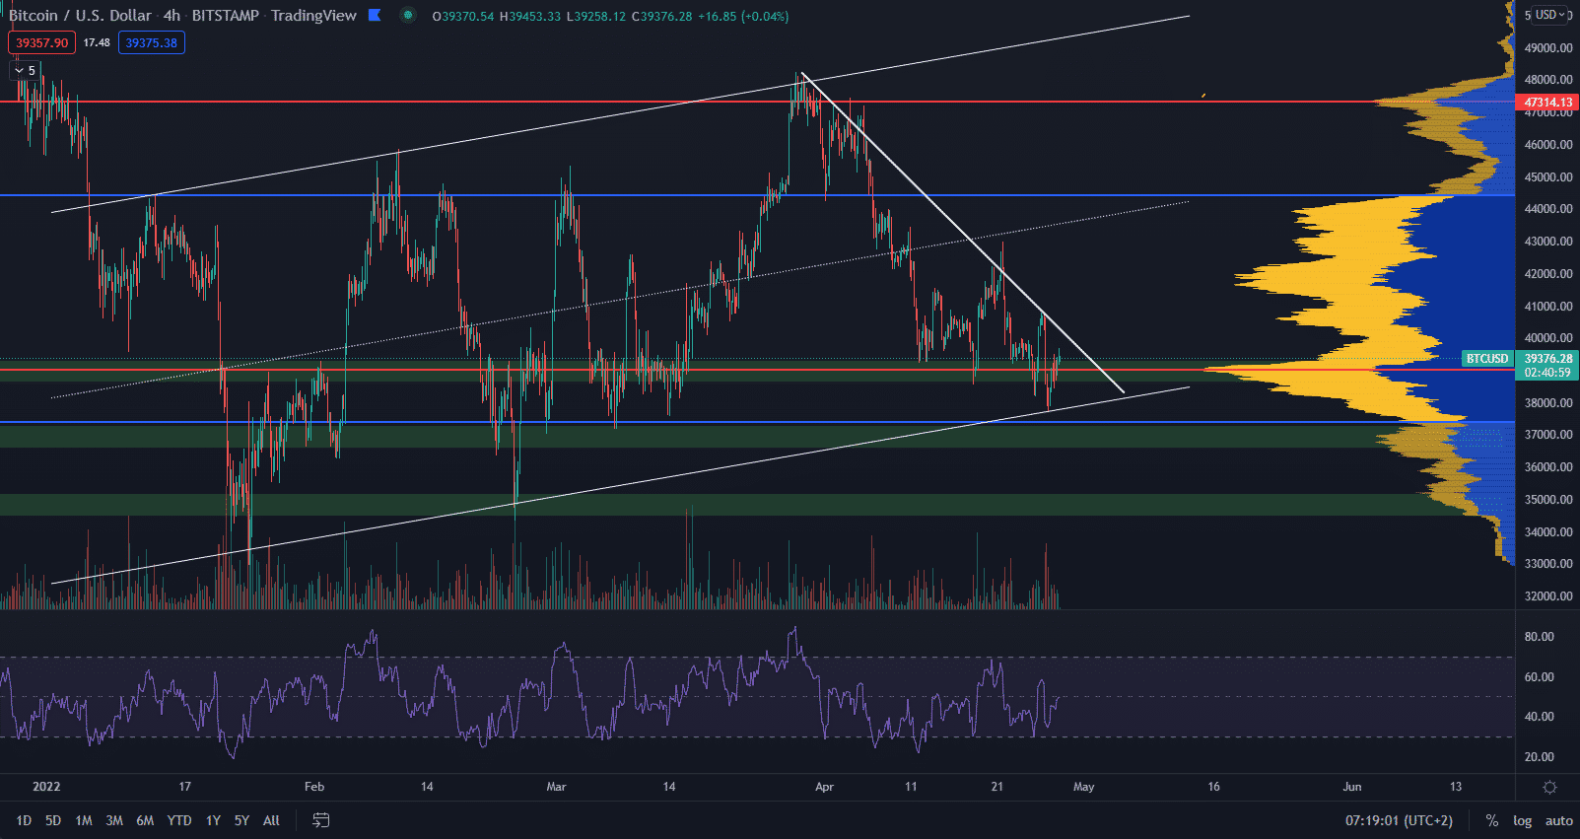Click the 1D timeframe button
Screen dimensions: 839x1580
click(24, 820)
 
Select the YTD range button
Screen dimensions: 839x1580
click(179, 820)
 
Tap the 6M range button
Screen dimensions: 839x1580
click(145, 820)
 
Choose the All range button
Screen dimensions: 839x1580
click(271, 820)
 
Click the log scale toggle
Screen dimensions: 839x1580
click(1523, 820)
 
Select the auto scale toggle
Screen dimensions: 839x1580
click(1558, 820)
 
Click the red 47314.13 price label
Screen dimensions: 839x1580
click(1547, 103)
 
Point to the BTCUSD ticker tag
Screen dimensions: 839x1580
click(1487, 359)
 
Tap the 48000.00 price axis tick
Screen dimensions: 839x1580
click(1547, 80)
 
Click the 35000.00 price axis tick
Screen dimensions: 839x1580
click(1547, 500)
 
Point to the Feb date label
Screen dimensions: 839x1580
click(314, 787)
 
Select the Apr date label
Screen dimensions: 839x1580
click(824, 787)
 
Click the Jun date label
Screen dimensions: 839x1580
click(1351, 787)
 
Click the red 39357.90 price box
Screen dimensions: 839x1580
click(41, 42)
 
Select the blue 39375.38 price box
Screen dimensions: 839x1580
click(152, 42)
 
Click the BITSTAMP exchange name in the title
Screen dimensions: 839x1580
click(225, 16)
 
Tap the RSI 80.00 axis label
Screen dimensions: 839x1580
click(1539, 637)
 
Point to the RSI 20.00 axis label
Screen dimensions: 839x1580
click(1539, 757)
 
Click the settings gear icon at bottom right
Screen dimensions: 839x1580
click(1549, 787)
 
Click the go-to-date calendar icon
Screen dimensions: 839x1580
click(321, 820)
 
